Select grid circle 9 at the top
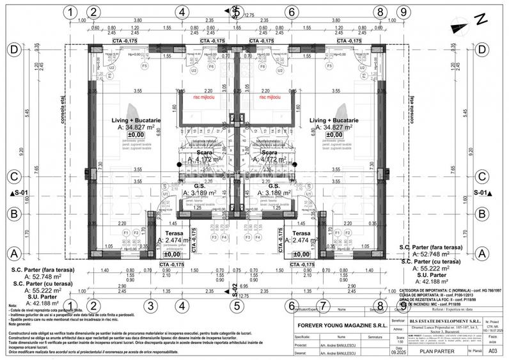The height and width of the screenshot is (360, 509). (402, 12)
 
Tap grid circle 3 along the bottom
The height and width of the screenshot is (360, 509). (149, 306)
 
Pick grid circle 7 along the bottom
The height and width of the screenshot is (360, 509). (324, 306)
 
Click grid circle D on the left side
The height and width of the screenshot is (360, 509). (13, 49)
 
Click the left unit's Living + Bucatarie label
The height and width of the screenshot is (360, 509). (140, 120)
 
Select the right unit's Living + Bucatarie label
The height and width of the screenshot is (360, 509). (333, 120)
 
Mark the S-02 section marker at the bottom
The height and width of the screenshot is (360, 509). (235, 289)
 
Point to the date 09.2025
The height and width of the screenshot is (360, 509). (399, 352)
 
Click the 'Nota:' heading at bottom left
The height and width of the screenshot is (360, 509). (13, 306)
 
